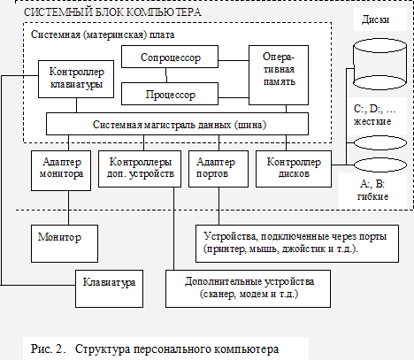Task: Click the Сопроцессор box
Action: click(170, 57)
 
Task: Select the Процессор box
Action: click(170, 94)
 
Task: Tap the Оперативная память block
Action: click(279, 75)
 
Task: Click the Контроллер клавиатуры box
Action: click(76, 80)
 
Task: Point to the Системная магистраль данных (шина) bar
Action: click(178, 124)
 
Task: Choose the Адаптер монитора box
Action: click(61, 171)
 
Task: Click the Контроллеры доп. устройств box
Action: click(140, 169)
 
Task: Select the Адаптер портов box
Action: click(218, 169)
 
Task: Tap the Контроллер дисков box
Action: click(294, 169)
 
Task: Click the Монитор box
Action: click(65, 244)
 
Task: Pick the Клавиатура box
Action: click(110, 289)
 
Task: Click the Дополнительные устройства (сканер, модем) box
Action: click(249, 289)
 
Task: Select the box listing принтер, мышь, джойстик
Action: click(297, 244)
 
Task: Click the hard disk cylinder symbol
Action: click(379, 65)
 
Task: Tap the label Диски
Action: click(375, 19)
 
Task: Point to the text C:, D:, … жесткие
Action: click(374, 115)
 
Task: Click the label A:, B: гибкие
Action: click(372, 190)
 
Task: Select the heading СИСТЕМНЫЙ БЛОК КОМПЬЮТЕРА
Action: click(112, 12)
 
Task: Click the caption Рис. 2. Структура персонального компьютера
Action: click(155, 349)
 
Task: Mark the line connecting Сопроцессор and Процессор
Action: click(166, 75)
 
